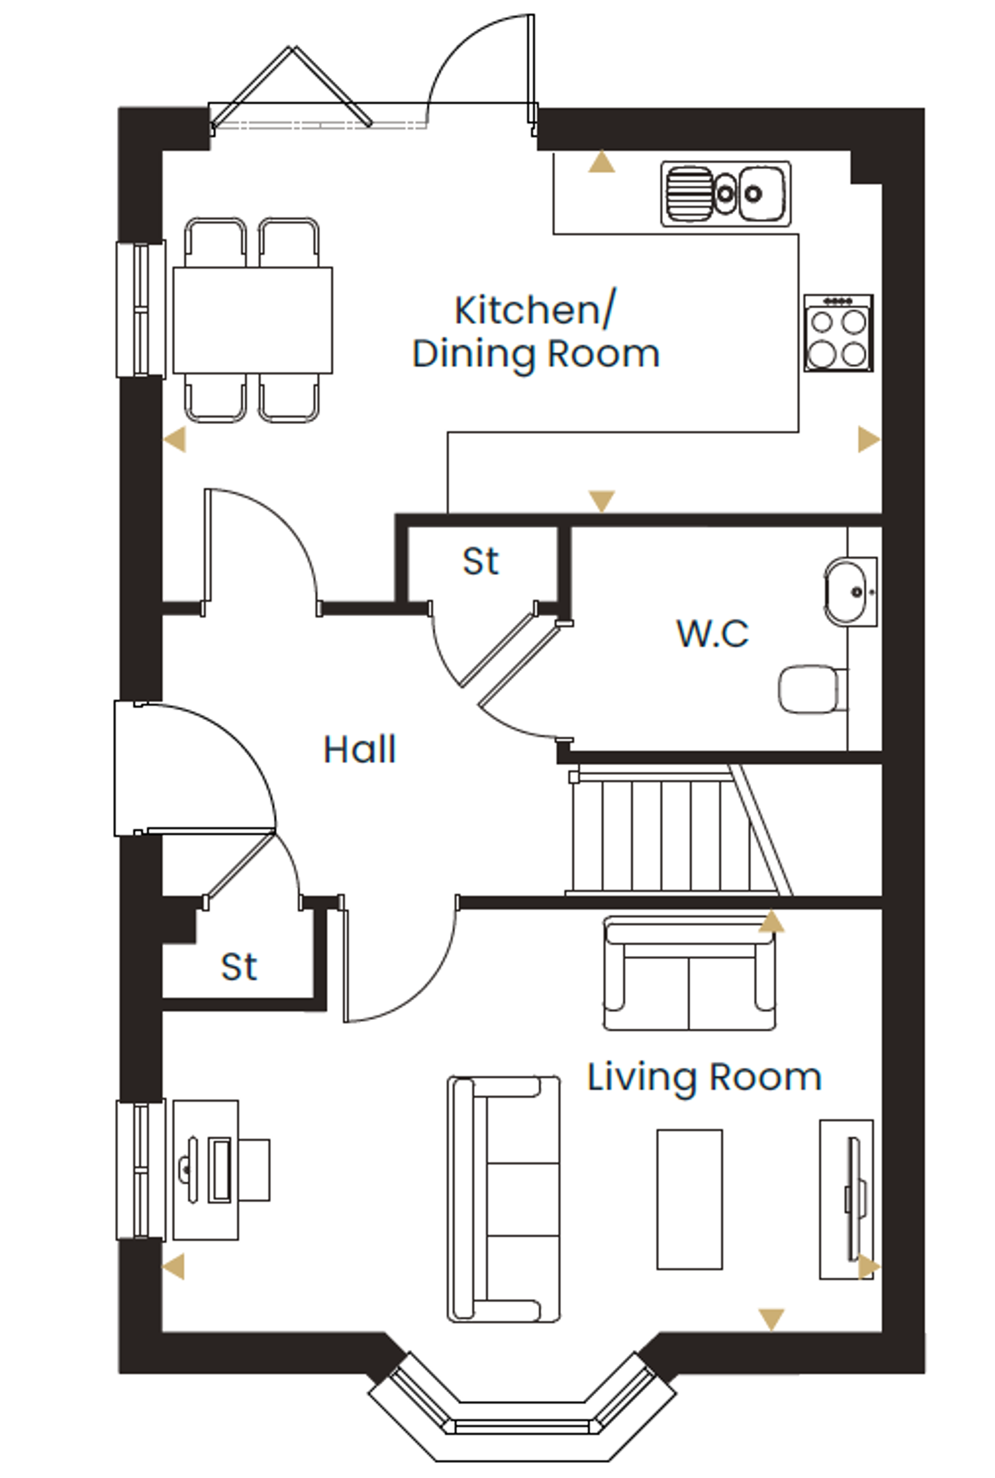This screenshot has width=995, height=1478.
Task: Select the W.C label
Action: tap(712, 633)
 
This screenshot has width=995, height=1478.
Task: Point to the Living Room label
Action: tap(704, 1077)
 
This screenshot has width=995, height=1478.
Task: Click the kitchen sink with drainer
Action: tap(726, 194)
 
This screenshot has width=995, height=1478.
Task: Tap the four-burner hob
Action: tap(839, 333)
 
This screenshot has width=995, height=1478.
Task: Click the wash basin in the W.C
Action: tap(850, 592)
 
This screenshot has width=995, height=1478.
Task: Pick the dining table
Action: tap(253, 320)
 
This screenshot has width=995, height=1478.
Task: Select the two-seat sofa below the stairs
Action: tap(689, 973)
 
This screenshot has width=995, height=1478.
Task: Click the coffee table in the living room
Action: tap(690, 1199)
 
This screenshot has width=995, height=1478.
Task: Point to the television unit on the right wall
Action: tap(847, 1199)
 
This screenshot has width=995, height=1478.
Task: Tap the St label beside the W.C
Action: tap(481, 561)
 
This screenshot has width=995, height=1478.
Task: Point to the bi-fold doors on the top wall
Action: tap(291, 89)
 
